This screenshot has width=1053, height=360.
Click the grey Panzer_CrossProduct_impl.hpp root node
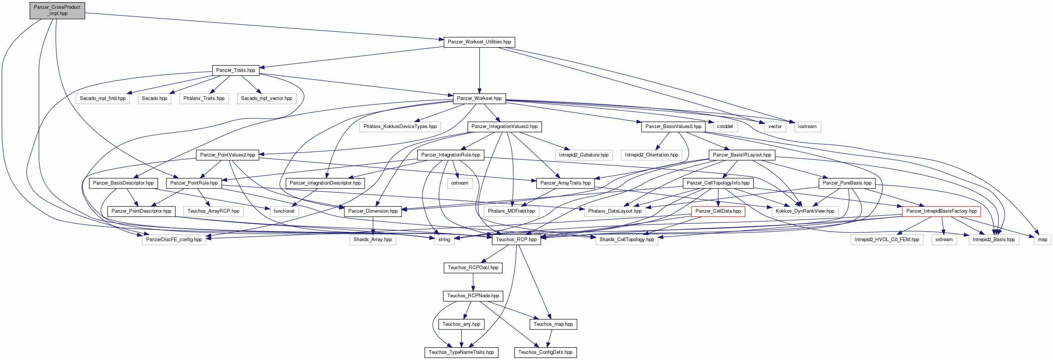coord(57,10)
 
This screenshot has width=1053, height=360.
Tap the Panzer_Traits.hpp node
coord(236,70)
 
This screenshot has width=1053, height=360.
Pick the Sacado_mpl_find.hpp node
coord(102,98)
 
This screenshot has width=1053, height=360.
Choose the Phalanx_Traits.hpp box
coord(204,98)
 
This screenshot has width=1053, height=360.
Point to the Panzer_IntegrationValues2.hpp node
coord(504,127)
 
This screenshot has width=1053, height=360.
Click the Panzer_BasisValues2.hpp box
coord(673,127)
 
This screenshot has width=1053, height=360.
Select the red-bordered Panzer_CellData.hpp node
coord(718,211)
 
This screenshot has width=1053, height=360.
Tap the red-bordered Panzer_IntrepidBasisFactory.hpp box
coord(941,211)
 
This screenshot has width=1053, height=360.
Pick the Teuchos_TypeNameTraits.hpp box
coord(461,352)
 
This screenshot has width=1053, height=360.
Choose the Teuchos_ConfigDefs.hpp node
coord(545,352)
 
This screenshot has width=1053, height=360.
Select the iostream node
coord(807,127)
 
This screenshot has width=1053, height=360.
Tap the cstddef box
coord(725,127)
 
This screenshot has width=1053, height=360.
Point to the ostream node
coord(460,183)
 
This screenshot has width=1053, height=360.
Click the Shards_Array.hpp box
coord(372,240)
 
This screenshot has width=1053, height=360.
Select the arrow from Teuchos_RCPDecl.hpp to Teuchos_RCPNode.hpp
coord(473,282)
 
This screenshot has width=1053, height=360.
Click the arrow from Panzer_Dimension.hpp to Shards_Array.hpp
coord(372,225)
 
